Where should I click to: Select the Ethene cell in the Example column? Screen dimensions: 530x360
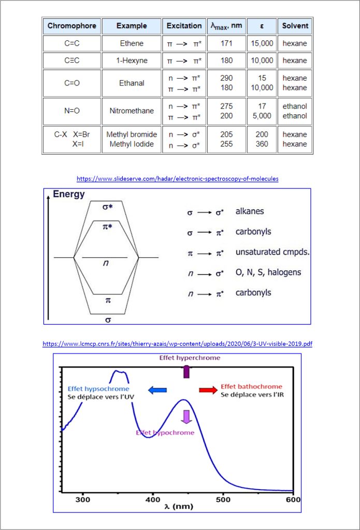(x=132, y=43)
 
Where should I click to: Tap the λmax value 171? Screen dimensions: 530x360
(x=226, y=43)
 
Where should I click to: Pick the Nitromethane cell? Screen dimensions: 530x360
(x=132, y=111)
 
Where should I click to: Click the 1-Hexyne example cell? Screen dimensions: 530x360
(x=132, y=61)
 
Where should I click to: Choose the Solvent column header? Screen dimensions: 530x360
(x=295, y=25)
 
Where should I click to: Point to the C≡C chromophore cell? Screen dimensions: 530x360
(x=72, y=61)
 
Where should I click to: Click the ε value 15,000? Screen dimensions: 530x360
(x=262, y=43)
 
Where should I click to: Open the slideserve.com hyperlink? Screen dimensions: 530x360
(x=178, y=179)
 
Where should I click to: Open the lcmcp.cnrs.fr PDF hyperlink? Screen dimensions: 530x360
(x=178, y=343)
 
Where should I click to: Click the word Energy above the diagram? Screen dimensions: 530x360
(x=69, y=195)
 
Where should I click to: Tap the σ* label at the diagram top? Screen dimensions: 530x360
(x=108, y=207)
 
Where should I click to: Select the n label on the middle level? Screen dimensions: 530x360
(x=106, y=263)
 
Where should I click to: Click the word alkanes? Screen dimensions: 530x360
(x=250, y=212)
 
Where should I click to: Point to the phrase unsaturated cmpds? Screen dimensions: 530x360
(x=272, y=253)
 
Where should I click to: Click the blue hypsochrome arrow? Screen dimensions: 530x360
(x=157, y=390)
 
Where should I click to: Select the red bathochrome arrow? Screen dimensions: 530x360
(x=208, y=390)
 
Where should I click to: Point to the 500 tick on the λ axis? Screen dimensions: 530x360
(x=223, y=500)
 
